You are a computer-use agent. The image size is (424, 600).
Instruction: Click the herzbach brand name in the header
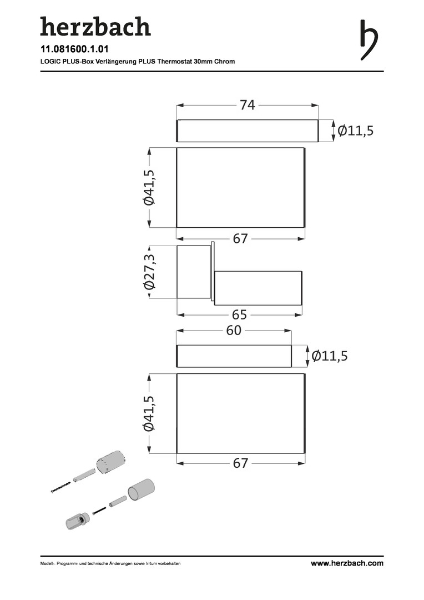[95, 27]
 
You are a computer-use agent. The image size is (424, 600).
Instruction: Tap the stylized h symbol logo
[369, 40]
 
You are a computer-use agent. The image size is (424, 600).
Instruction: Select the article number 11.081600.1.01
[74, 49]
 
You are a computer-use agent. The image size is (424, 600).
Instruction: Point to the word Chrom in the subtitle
[224, 61]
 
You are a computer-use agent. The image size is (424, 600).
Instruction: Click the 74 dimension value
[248, 105]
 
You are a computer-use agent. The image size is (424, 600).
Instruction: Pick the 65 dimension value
[240, 314]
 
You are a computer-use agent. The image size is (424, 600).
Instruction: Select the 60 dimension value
[234, 330]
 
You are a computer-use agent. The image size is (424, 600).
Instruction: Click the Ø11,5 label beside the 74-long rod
[356, 131]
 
